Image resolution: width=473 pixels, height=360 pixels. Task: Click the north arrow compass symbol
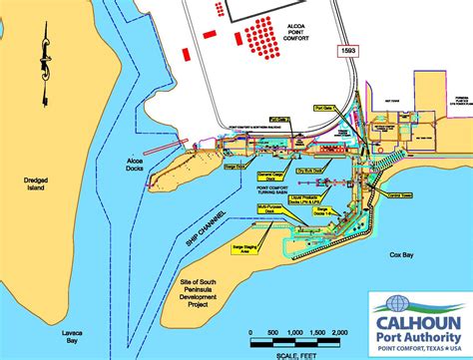pos(45,69)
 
